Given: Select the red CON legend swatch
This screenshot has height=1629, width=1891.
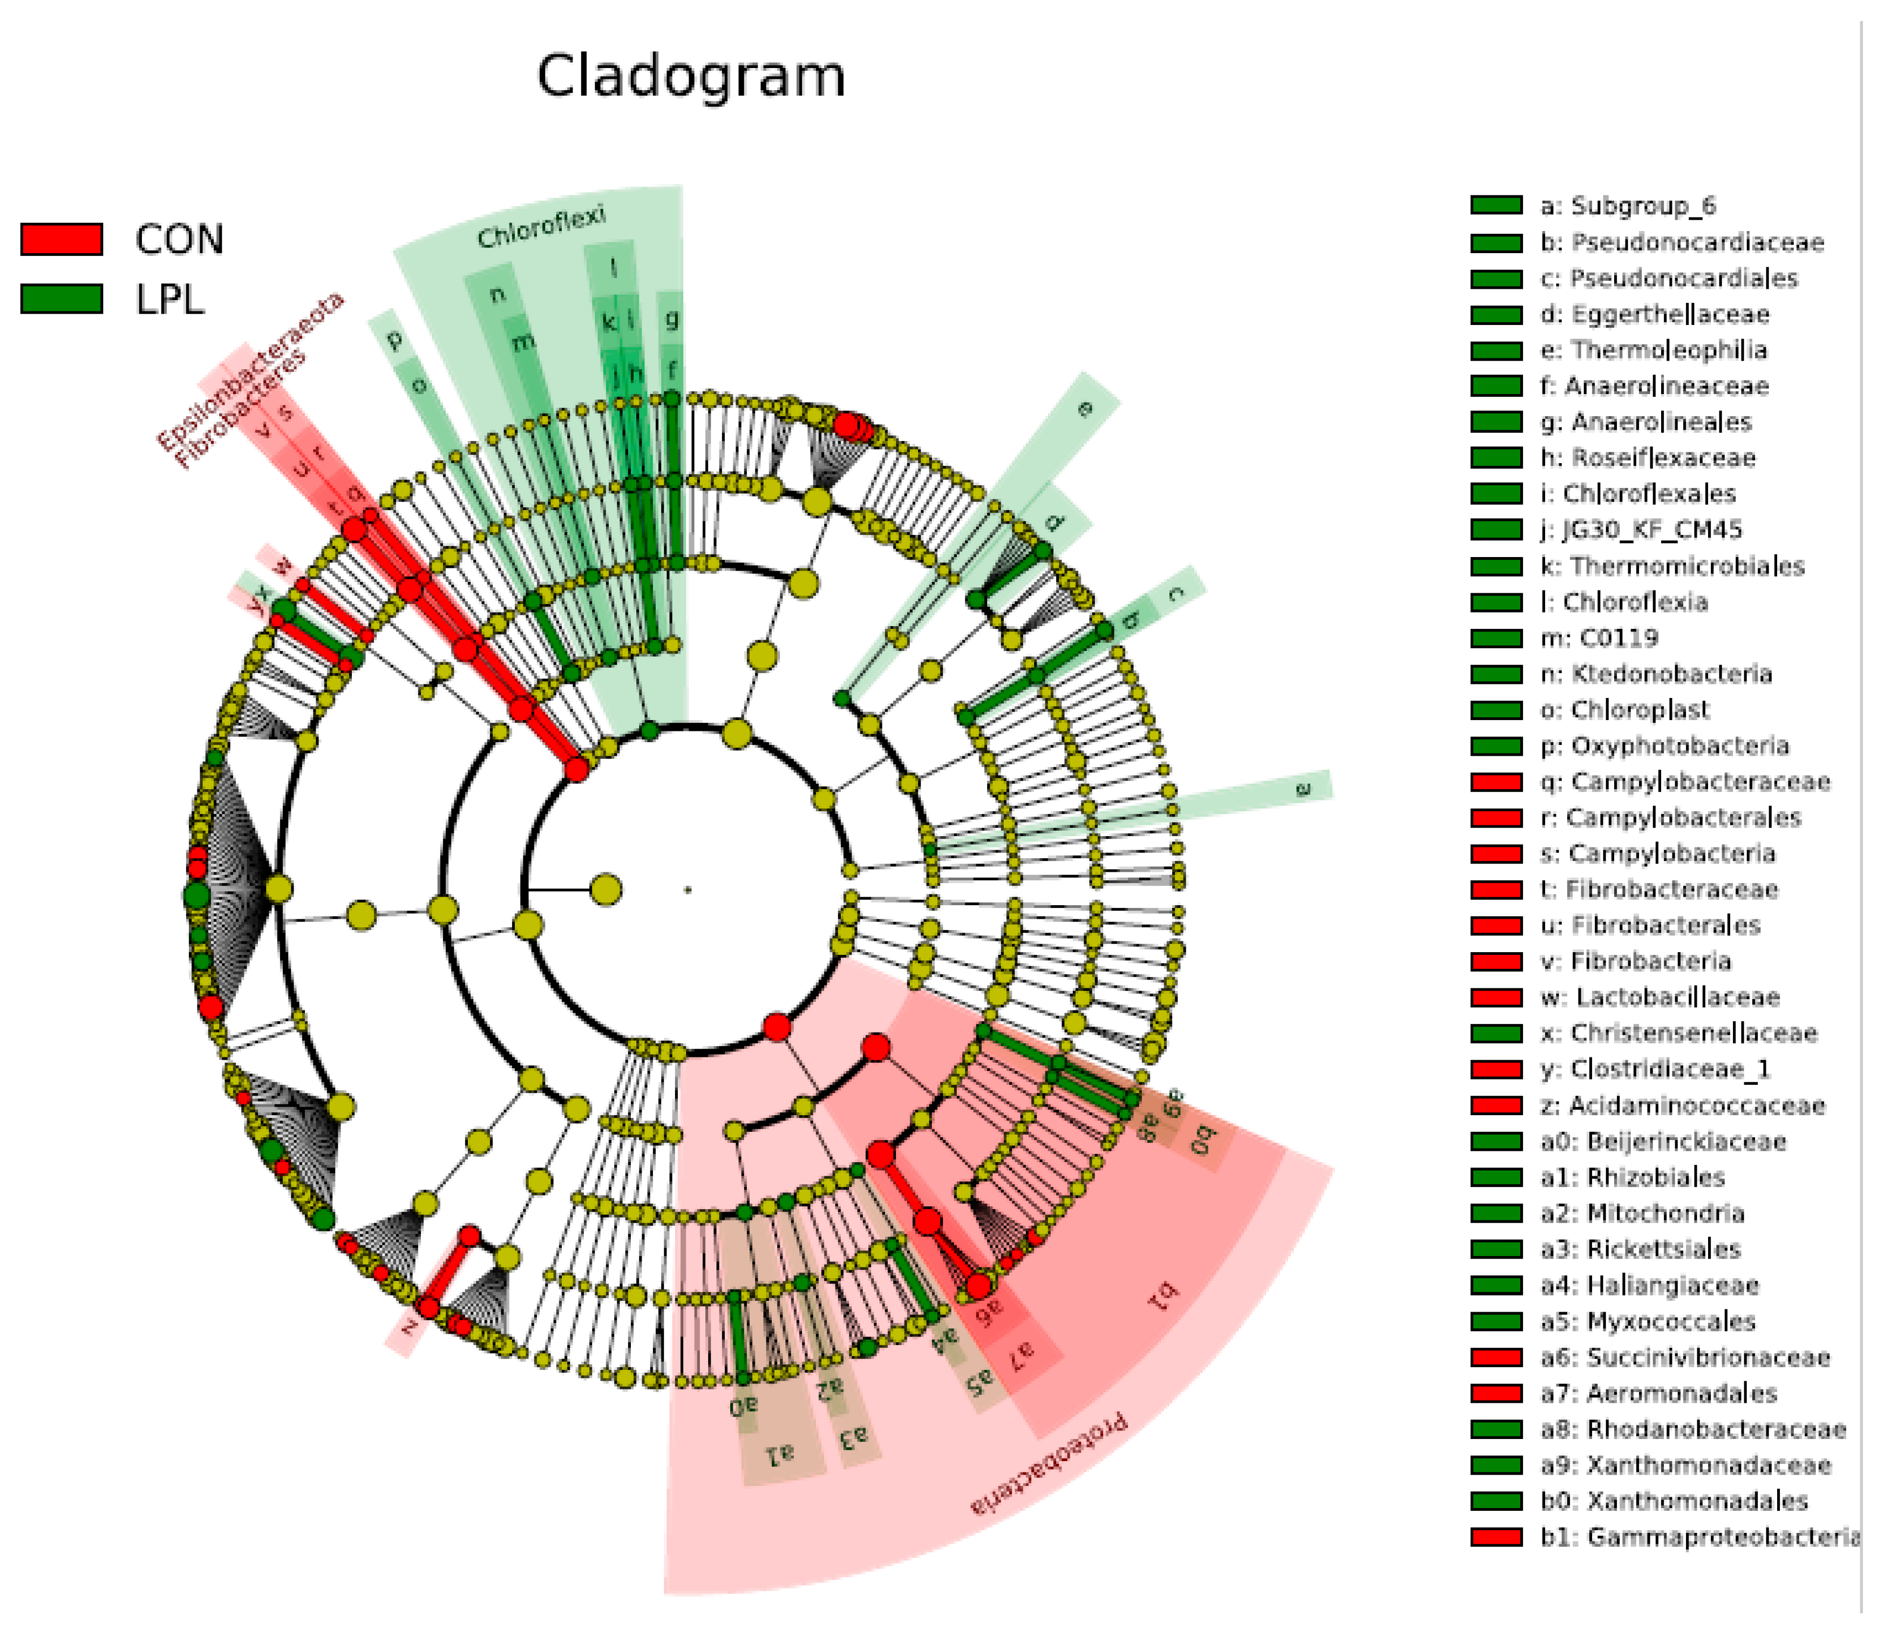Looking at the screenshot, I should [x=61, y=239].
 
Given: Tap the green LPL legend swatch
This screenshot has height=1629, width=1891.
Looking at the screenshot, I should [x=61, y=298].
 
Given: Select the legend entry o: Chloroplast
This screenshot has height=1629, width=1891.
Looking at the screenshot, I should [x=1624, y=709].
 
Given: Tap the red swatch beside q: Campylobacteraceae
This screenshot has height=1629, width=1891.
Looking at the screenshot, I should [x=1496, y=782].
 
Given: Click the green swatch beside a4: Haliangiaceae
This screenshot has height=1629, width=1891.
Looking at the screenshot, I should [x=1496, y=1285].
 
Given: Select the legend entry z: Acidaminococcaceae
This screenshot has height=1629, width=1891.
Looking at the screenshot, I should [x=1683, y=1105].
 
